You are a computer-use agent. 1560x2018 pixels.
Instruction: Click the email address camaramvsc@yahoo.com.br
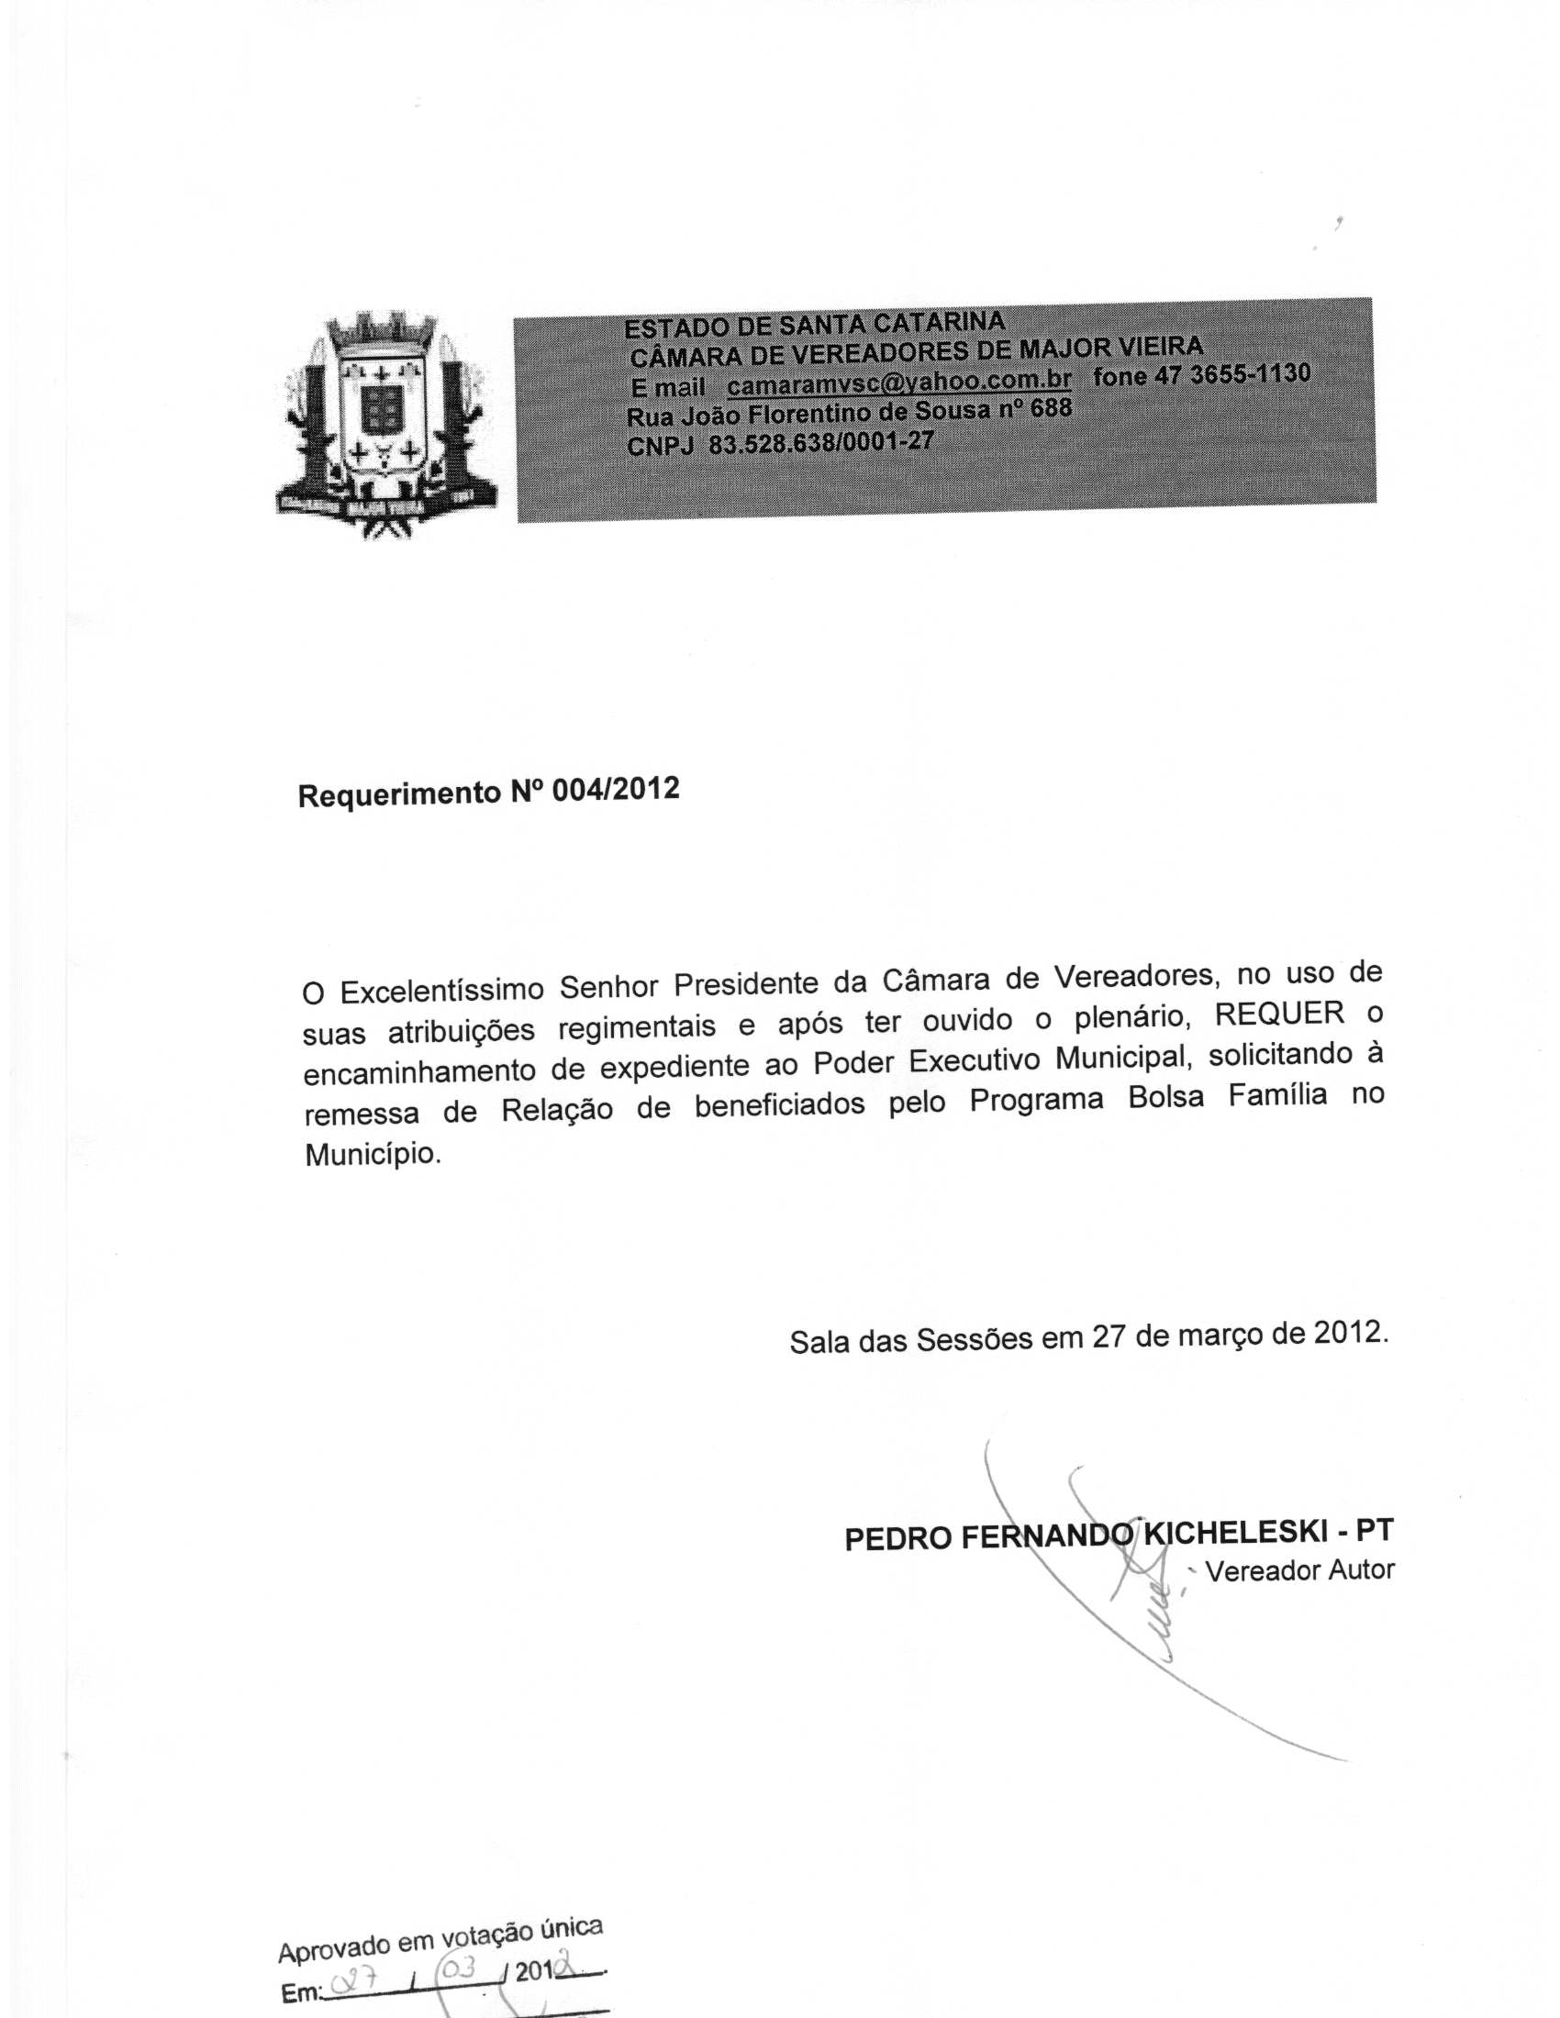[x=898, y=382]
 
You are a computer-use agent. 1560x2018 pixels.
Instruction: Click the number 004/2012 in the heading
[x=616, y=790]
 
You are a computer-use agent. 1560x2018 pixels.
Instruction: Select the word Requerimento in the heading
[x=398, y=794]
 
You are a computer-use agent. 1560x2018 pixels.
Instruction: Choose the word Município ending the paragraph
[x=373, y=1154]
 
